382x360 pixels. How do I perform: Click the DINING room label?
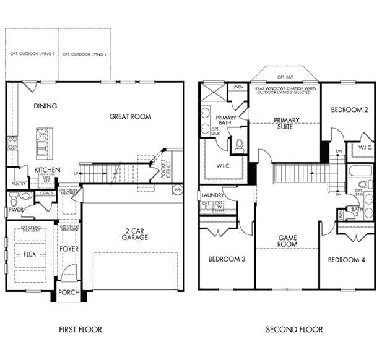pyautogui.click(x=45, y=106)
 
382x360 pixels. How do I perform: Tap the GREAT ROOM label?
pyautogui.click(x=130, y=116)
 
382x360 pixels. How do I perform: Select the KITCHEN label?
pyautogui.click(x=47, y=169)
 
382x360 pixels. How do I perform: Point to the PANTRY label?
pyautogui.click(x=19, y=184)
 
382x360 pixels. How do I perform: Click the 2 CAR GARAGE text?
pyautogui.click(x=134, y=233)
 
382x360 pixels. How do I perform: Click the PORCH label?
pyautogui.click(x=69, y=293)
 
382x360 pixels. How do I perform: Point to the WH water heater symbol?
pyautogui.click(x=178, y=190)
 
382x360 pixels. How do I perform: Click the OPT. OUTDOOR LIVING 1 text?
pyautogui.click(x=32, y=54)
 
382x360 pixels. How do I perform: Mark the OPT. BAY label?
pyautogui.click(x=285, y=77)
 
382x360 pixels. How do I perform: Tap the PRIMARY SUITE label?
pyautogui.click(x=287, y=124)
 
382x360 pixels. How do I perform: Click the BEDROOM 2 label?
pyautogui.click(x=349, y=109)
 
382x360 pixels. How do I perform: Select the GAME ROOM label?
pyautogui.click(x=287, y=241)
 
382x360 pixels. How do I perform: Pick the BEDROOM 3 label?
pyautogui.click(x=227, y=259)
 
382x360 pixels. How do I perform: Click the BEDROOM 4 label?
pyautogui.click(x=346, y=260)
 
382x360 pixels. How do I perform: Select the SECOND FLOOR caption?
pyautogui.click(x=294, y=329)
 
